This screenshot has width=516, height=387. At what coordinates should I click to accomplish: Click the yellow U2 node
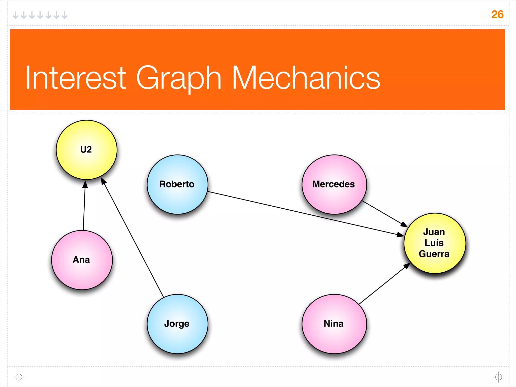[x=86, y=150]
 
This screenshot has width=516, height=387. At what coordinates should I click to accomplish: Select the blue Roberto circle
[x=177, y=184]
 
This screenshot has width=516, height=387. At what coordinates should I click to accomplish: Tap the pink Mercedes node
[x=334, y=184]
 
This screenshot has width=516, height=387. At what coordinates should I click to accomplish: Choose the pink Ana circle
[x=82, y=260]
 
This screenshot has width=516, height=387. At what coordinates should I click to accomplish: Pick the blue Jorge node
[x=177, y=324]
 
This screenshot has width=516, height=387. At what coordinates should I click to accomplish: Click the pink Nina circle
[x=334, y=324]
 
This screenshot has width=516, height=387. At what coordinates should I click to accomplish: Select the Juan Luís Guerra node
[x=435, y=243]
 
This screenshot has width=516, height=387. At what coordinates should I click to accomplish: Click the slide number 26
[x=497, y=15]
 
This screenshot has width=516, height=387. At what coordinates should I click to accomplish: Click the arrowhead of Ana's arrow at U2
[x=85, y=184]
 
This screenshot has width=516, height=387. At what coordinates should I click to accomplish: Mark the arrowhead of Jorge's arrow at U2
[x=104, y=181]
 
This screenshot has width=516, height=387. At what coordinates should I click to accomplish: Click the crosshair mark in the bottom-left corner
[x=19, y=377]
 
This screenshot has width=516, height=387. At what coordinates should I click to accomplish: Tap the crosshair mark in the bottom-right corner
[x=498, y=377]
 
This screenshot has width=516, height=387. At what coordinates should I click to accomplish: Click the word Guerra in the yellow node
[x=434, y=254]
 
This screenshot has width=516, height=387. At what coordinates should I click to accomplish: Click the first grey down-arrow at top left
[x=16, y=15]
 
